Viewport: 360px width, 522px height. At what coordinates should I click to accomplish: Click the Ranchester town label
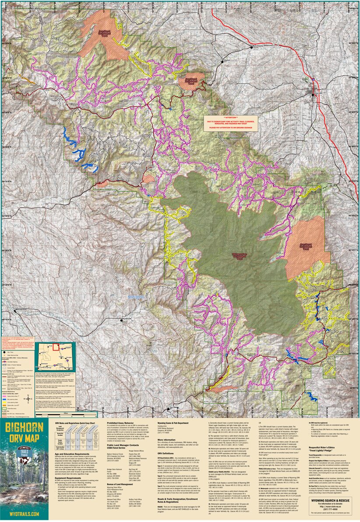coord(261,45)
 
